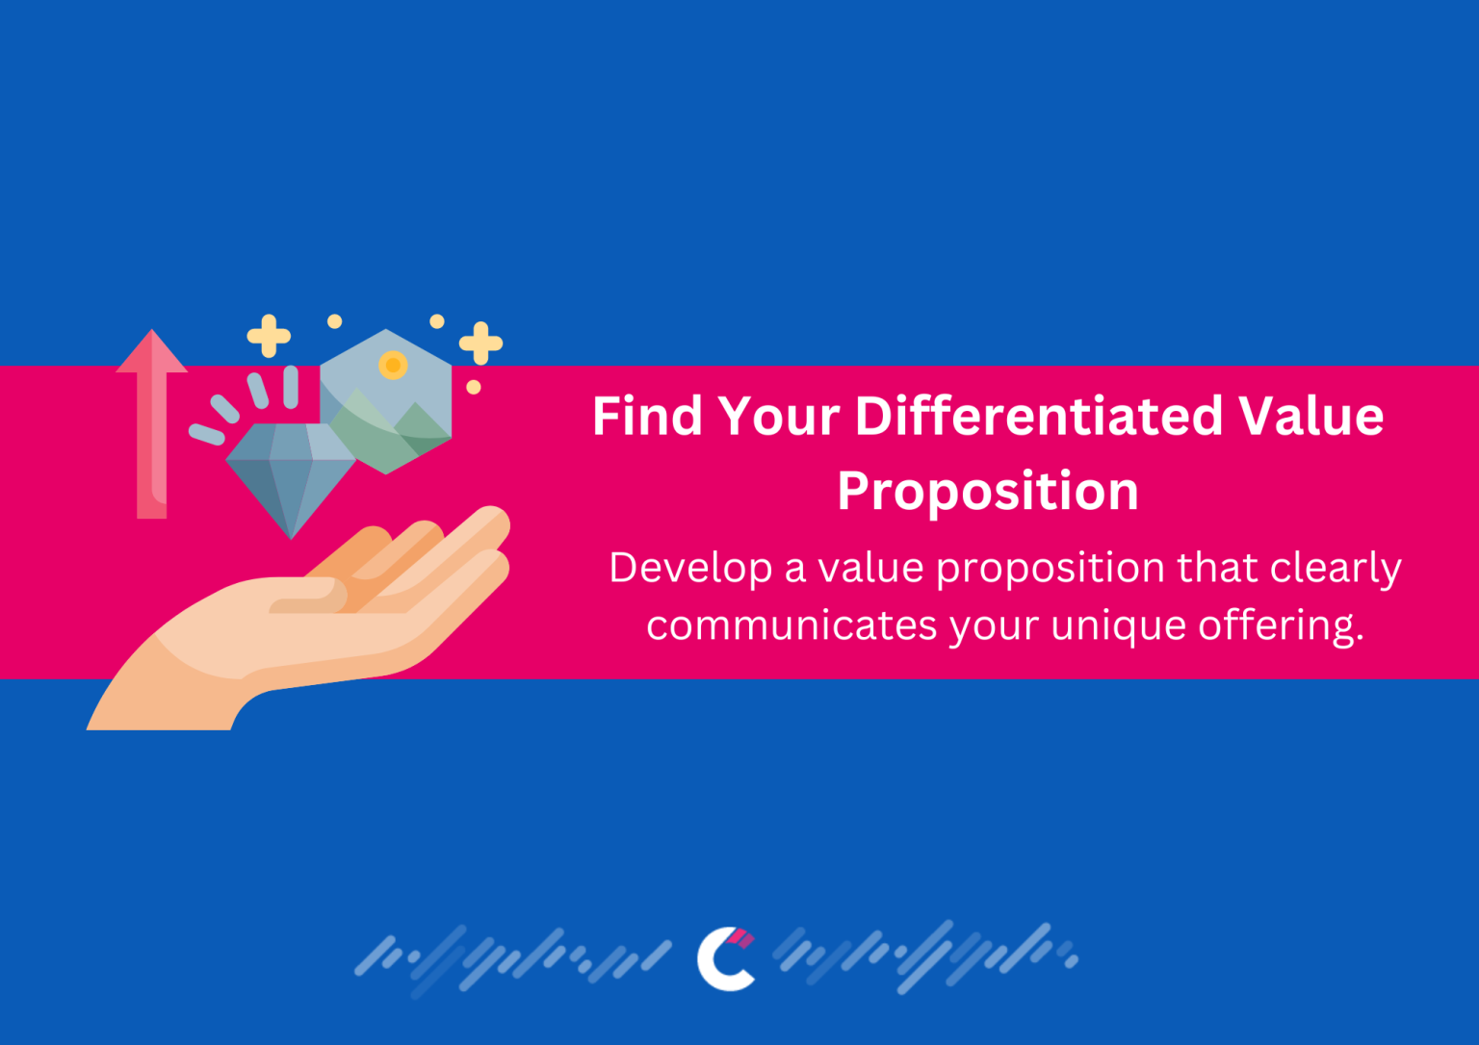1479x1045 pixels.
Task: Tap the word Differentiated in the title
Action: (1038, 417)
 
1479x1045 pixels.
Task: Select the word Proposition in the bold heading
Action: (987, 491)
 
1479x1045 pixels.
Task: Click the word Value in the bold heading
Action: (1310, 417)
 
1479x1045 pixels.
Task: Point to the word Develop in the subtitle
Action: (689, 568)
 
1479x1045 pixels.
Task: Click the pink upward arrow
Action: (151, 423)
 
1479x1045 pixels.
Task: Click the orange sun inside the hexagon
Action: (393, 366)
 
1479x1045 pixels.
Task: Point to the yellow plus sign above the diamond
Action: (269, 336)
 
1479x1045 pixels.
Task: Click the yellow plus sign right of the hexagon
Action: (480, 344)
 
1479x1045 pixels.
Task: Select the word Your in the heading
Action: (778, 417)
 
